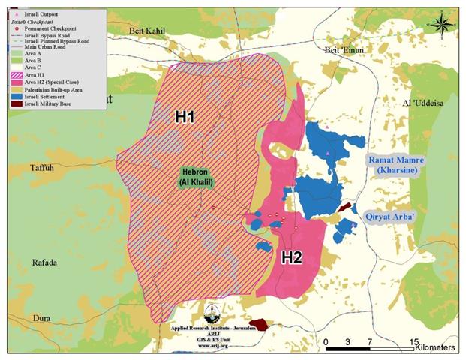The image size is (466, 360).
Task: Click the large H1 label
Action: click(185, 117)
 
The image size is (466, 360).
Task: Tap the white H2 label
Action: click(291, 257)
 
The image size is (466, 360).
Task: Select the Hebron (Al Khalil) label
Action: click(194, 176)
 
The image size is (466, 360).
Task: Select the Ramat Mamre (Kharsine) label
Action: click(396, 166)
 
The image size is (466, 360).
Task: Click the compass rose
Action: click(442, 24)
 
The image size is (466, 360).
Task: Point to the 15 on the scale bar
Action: click(414, 341)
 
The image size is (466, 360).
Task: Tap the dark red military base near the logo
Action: click(260, 324)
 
